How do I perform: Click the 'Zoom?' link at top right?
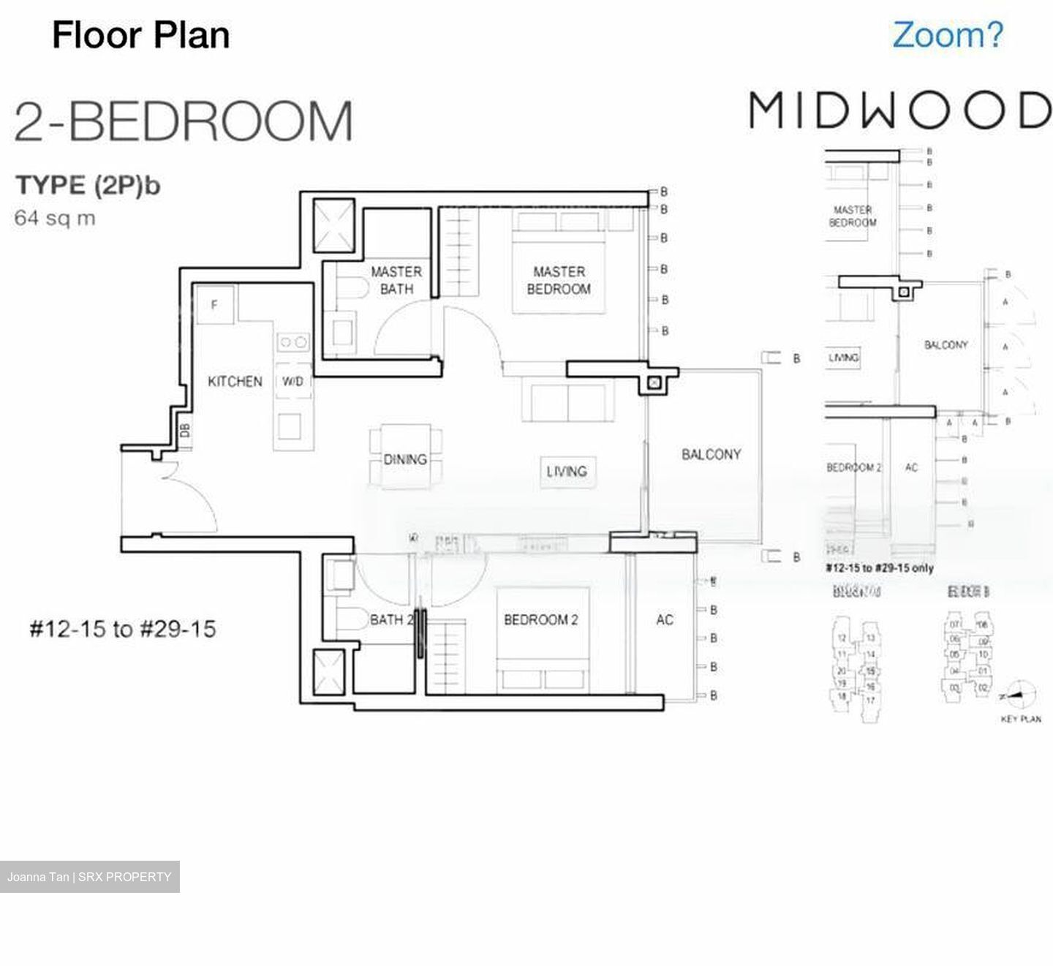point(948,35)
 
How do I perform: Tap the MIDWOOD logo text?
point(899,111)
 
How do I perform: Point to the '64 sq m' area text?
point(55,218)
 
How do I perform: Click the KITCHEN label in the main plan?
point(234,382)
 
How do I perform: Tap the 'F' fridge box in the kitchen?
point(214,304)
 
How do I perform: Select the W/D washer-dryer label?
point(292,382)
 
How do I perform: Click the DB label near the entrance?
point(185,431)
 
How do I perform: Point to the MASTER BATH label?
point(396,280)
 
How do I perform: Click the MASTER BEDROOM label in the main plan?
point(559,280)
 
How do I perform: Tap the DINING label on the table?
point(405,460)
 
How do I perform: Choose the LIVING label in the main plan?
point(566,472)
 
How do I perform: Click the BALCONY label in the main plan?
point(711,455)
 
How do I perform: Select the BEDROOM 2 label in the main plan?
point(541,620)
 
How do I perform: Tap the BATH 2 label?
point(391,620)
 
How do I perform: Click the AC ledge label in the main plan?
point(664,620)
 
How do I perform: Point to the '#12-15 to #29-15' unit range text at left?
point(122,629)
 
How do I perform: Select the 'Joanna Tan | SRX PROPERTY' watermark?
point(89,877)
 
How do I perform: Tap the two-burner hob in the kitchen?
point(293,342)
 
